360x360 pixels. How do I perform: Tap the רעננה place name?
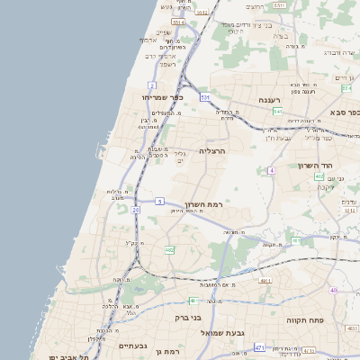[269, 100]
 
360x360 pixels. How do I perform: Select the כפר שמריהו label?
[161, 96]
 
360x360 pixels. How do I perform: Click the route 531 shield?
[205, 96]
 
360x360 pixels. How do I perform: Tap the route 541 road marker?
[278, 112]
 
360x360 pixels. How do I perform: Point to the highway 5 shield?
[159, 202]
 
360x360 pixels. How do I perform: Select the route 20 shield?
[135, 210]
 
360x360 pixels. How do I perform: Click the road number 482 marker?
[169, 249]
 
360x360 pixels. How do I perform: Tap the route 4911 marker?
[266, 282]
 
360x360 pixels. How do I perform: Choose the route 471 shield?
[260, 347]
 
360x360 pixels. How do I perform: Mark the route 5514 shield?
[178, 22]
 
